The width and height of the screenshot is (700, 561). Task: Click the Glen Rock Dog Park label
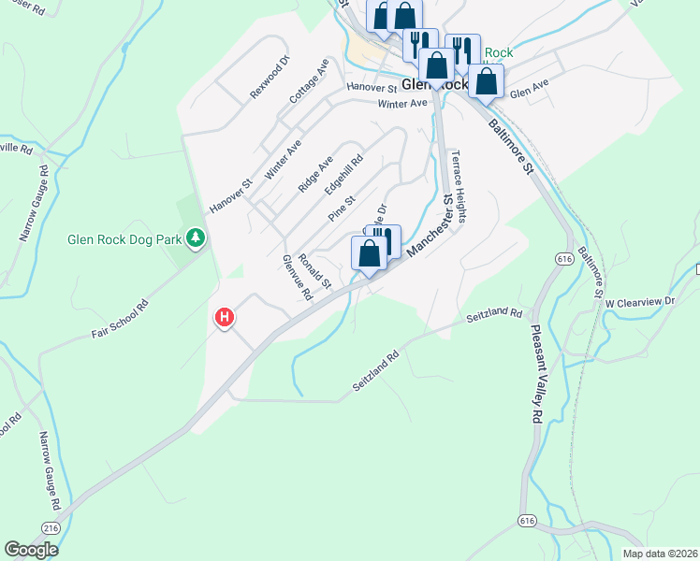click(x=124, y=239)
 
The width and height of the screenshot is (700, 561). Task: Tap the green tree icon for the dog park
click(x=196, y=239)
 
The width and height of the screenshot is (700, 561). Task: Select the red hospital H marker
click(x=225, y=318)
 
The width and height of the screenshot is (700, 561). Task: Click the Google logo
click(x=31, y=550)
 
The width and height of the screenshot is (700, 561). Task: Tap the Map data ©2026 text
click(x=659, y=554)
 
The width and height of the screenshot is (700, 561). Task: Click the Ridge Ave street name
click(x=315, y=175)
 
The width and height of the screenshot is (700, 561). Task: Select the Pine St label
click(x=342, y=209)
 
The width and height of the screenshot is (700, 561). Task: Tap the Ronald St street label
click(x=314, y=270)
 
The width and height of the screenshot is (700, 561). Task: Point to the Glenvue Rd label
click(x=297, y=279)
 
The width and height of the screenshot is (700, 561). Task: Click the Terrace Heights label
click(x=459, y=186)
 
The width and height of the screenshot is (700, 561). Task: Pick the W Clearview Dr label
click(x=638, y=303)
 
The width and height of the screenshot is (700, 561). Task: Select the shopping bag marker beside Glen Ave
click(x=487, y=80)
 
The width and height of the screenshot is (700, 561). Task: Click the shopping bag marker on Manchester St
click(x=370, y=253)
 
